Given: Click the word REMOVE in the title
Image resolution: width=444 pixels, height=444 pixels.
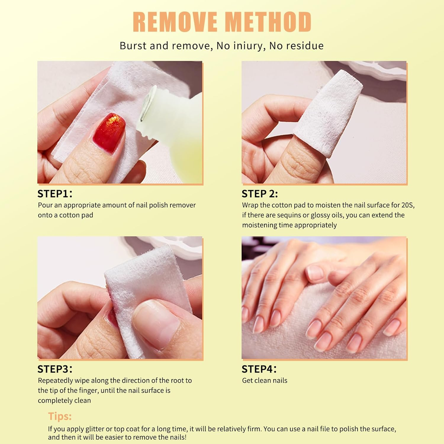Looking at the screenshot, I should pyautogui.click(x=175, y=22).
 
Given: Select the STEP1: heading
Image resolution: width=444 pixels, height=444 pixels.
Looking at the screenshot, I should pyautogui.click(x=55, y=194).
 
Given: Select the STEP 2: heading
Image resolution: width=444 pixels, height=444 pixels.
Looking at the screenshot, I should pyautogui.click(x=260, y=194).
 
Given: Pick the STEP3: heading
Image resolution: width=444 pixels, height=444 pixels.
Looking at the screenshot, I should pyautogui.click(x=55, y=369).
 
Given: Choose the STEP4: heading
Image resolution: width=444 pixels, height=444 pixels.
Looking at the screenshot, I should pyautogui.click(x=259, y=369).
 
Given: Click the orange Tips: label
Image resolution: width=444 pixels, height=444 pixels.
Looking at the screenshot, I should pyautogui.click(x=60, y=416).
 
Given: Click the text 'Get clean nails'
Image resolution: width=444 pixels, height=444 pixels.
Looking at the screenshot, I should pyautogui.click(x=265, y=381).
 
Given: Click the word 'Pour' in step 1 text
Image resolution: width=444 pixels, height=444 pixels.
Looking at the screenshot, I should pyautogui.click(x=45, y=205).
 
